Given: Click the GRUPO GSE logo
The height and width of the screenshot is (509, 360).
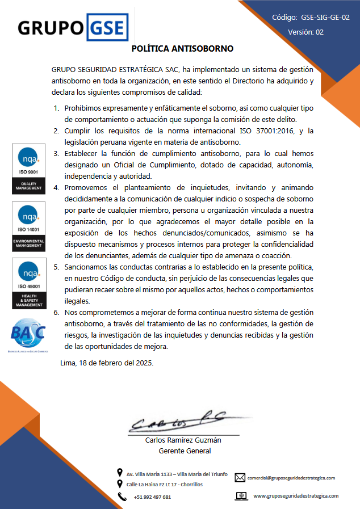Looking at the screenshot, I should tap(72, 27).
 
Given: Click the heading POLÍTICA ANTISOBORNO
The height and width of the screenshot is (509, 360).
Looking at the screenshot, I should tap(182, 49).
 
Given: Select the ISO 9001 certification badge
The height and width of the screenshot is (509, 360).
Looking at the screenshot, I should tap(28, 169).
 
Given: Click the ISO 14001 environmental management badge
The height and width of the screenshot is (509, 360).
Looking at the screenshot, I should tap(28, 225).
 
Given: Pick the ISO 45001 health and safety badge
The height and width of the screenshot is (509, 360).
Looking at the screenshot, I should tap(28, 283).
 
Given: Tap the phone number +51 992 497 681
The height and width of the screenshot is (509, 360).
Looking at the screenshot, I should tap(152, 497).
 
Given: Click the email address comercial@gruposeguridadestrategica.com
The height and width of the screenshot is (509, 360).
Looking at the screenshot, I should tap(291, 478).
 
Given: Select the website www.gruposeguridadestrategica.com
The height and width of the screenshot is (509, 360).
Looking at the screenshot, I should tap(295, 495).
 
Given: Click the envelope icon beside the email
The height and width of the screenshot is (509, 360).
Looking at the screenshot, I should tap(240, 478).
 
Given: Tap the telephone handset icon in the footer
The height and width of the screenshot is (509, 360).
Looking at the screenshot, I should tap(122, 497).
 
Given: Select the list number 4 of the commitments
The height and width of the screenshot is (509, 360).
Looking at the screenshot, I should tap(56, 187).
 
